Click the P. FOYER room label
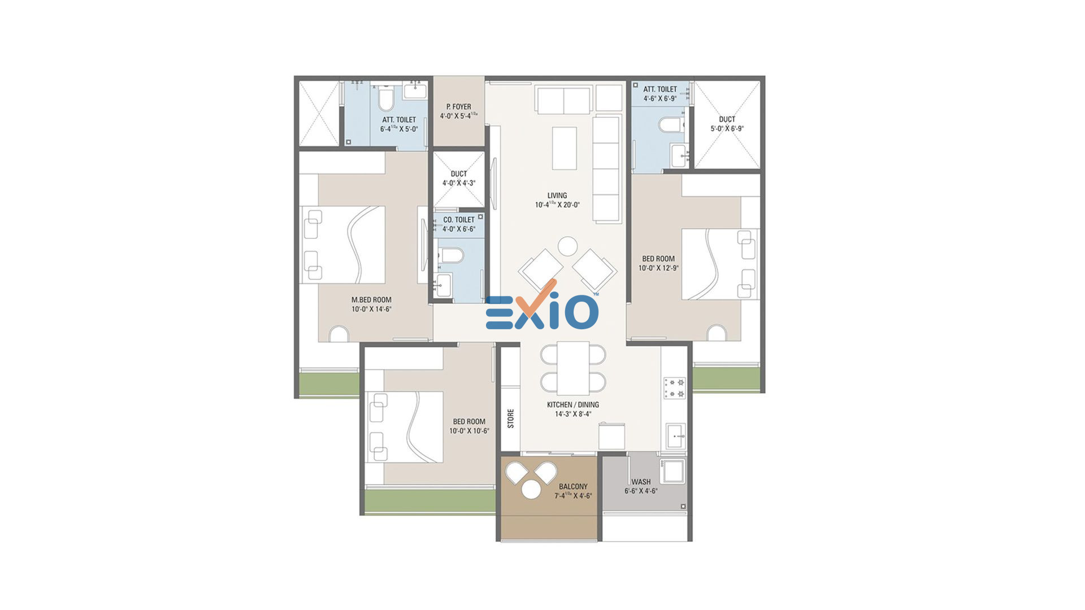point(458,106)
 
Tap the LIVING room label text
point(557,195)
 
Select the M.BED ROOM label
point(371,300)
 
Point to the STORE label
point(511,419)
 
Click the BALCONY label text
point(573,486)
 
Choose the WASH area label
point(641,482)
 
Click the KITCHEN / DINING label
point(573,404)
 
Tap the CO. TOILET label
point(459,220)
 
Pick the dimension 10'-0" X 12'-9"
point(658,268)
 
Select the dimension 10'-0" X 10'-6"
point(469,431)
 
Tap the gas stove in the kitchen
point(675,387)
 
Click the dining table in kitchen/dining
point(573,368)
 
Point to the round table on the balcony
point(531,490)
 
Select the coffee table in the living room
point(564,148)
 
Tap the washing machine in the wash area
point(672,471)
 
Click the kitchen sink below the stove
point(675,436)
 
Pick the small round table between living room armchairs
point(567,246)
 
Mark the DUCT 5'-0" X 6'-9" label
point(727,124)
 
